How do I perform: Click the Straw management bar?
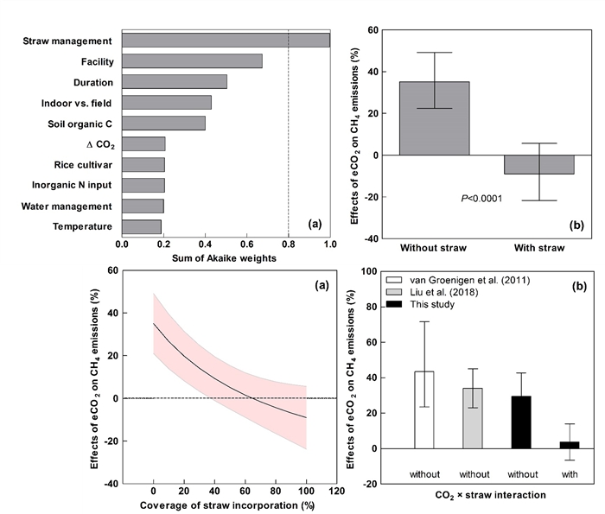tap(226, 40)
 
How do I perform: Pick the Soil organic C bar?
tap(163, 123)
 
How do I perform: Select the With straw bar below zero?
tap(539, 164)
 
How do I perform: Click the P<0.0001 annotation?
tap(481, 199)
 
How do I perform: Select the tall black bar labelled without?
tap(521, 422)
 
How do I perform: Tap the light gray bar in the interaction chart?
tap(473, 418)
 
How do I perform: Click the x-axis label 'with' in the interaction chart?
tap(570, 473)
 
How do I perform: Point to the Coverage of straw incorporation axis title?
tap(226, 504)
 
